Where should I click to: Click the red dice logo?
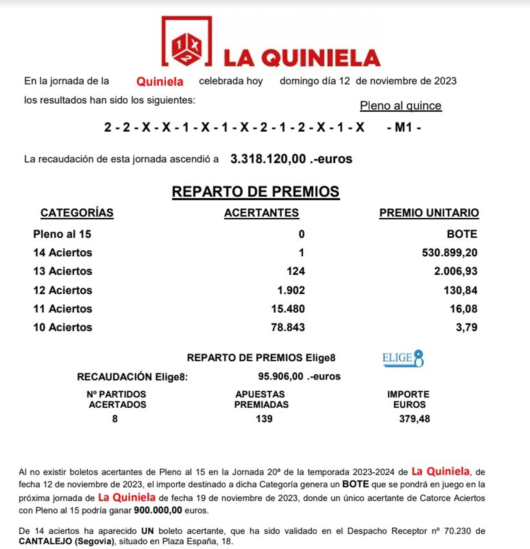point(186,49)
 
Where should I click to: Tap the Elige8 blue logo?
point(403,358)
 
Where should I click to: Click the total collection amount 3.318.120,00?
point(268,159)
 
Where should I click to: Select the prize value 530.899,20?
point(449,253)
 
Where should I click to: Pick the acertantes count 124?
point(295,271)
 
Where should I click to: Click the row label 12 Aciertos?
point(62,290)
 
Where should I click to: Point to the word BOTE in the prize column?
point(462,234)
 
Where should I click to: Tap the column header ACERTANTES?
point(261,213)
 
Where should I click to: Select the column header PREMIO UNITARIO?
point(429,213)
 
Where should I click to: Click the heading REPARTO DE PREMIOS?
point(255,192)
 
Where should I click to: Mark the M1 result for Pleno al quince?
point(403,128)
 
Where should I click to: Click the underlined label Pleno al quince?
point(401,106)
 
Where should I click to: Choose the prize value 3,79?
point(467,327)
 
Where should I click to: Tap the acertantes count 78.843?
point(288,327)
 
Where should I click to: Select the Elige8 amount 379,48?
point(414,419)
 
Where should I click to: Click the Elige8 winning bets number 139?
point(264,419)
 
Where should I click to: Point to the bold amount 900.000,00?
point(158,510)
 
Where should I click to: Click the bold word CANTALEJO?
point(45,541)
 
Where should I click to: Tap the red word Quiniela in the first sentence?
point(160,82)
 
